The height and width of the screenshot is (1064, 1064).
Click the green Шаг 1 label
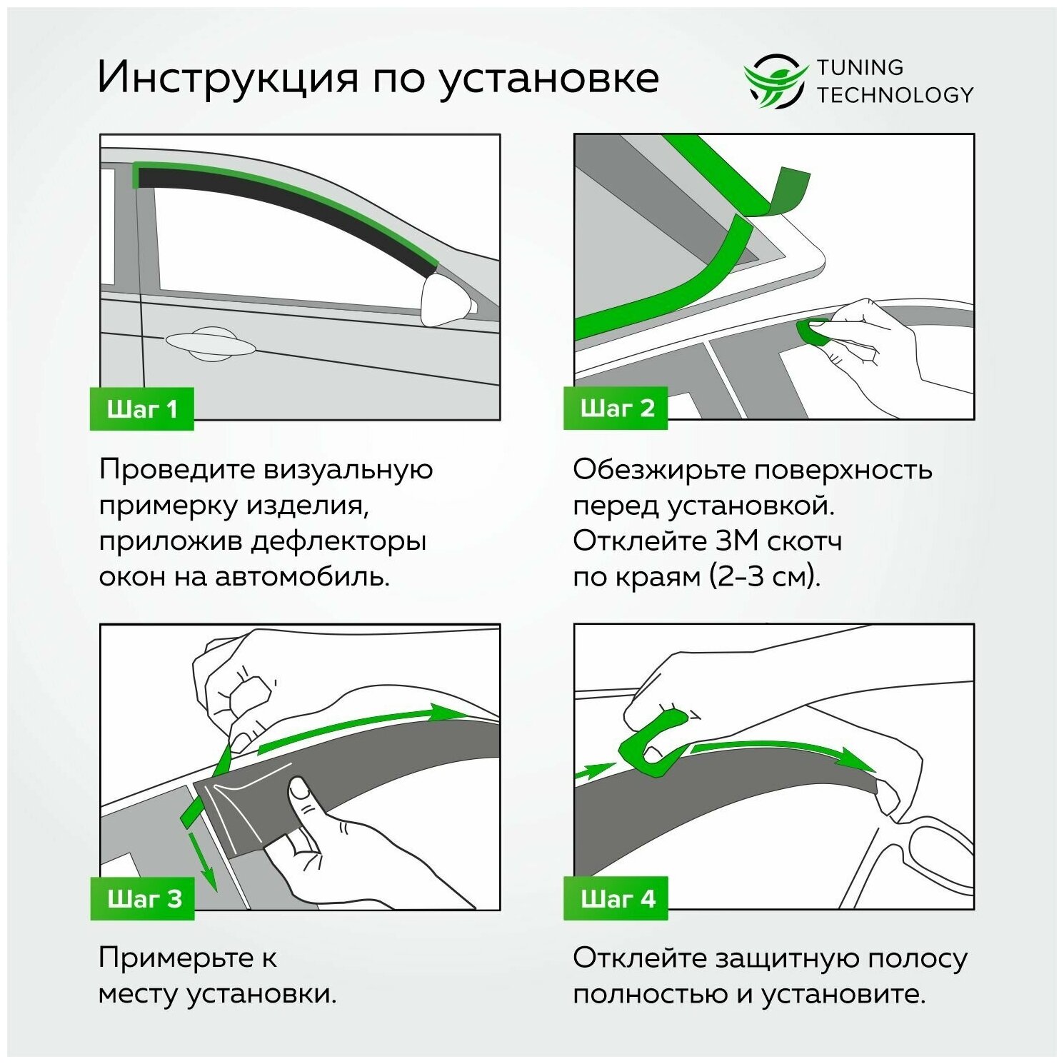click(141, 409)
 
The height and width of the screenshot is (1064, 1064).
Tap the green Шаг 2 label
click(616, 408)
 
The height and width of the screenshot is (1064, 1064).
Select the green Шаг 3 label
click(143, 898)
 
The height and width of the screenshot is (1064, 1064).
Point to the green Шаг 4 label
click(616, 898)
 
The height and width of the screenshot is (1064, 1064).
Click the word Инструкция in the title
click(228, 77)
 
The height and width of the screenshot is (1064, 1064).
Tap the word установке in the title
click(548, 77)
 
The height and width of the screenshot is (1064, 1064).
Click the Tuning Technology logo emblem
click(775, 81)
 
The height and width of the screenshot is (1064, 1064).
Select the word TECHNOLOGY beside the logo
click(895, 95)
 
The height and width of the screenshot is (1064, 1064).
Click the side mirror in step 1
click(447, 299)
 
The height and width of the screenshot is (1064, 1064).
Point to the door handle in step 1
click(211, 343)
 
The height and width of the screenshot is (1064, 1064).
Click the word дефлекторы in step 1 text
click(339, 541)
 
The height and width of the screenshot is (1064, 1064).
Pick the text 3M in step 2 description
click(737, 541)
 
